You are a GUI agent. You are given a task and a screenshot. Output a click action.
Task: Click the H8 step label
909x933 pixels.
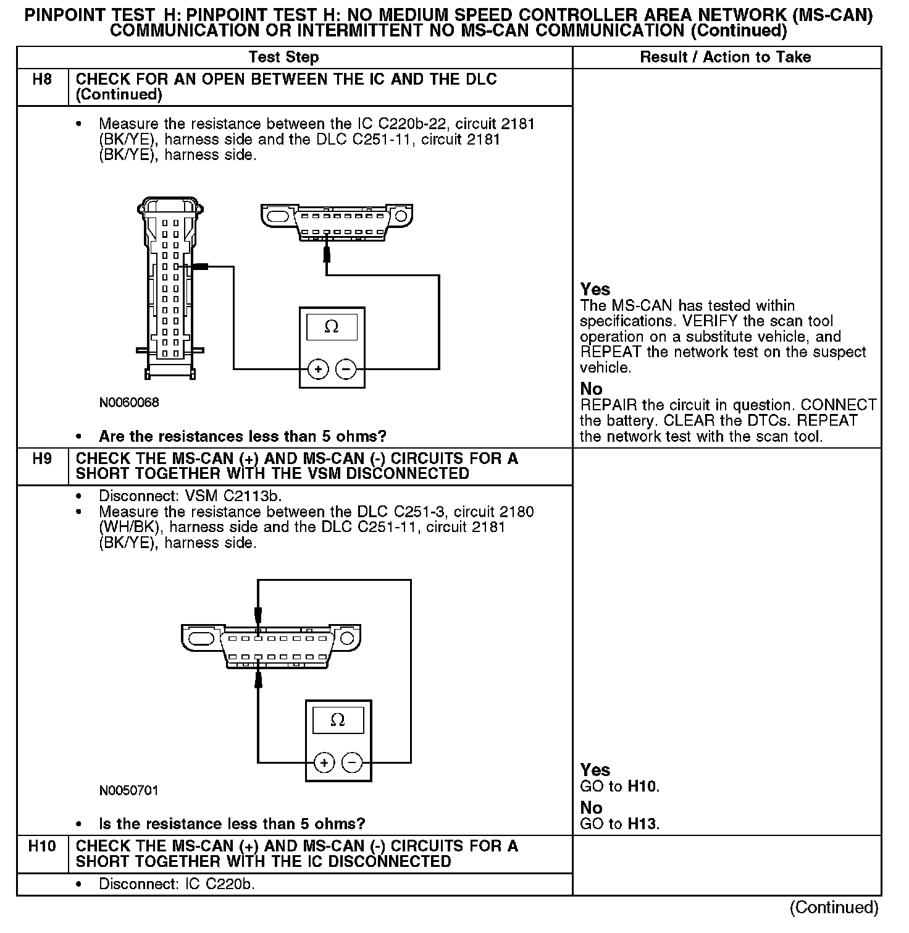tap(41, 80)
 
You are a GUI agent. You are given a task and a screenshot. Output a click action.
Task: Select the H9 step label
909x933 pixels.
tap(41, 459)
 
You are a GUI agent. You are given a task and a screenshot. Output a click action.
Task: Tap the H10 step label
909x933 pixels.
tap(41, 846)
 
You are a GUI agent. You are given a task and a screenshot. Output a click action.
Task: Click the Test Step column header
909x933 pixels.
tap(283, 57)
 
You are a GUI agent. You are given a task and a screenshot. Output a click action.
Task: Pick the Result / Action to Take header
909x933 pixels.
tap(725, 57)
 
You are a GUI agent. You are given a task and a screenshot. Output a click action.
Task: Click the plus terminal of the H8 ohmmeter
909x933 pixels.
tap(318, 369)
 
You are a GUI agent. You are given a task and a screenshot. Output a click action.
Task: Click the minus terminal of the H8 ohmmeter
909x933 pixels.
tap(346, 369)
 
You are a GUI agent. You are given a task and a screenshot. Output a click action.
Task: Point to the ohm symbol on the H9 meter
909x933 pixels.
tap(338, 720)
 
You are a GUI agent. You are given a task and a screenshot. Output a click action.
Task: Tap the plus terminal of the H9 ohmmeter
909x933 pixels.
tap(324, 762)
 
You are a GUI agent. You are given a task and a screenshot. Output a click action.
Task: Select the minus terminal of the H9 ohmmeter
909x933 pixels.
tap(352, 762)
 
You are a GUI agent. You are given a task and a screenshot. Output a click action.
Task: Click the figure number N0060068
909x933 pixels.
tap(129, 403)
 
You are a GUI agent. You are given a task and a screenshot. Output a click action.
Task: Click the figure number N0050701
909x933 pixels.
tap(129, 791)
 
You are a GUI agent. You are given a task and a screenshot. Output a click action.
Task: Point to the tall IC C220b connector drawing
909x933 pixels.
tap(170, 287)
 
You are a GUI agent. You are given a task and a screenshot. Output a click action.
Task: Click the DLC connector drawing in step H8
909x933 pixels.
tap(337, 222)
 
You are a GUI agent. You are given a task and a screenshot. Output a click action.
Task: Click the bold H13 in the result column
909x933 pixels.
tap(642, 824)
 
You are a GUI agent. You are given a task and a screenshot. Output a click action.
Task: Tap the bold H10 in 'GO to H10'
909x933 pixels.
tap(642, 787)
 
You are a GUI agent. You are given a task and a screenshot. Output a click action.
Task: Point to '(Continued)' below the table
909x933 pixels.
tap(834, 907)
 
